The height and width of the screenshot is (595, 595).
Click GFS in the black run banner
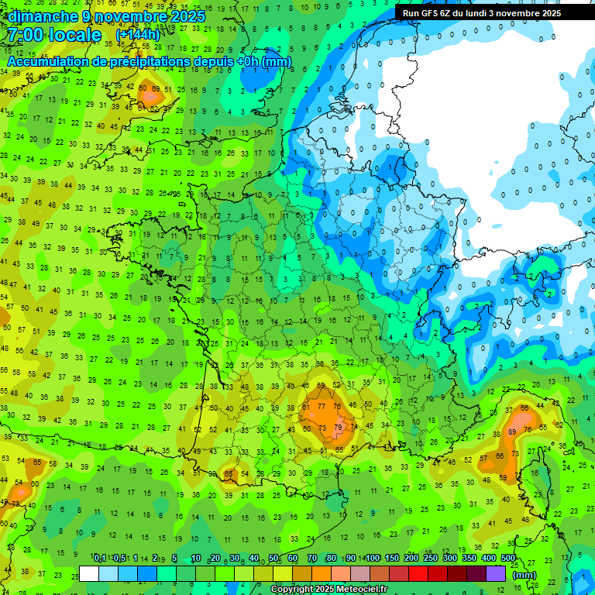click(436, 12)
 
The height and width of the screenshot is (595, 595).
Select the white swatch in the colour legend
click(89, 573)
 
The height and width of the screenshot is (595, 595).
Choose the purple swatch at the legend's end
click(496, 573)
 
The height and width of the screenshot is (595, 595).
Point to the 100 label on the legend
click(372, 559)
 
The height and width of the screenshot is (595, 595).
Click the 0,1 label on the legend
click(100, 559)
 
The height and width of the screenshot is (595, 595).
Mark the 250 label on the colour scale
click(430, 559)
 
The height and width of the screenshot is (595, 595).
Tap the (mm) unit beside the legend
click(524, 576)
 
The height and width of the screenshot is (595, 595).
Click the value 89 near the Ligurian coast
click(512, 432)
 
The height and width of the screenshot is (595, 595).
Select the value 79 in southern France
click(338, 427)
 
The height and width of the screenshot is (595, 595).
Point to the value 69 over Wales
click(156, 89)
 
